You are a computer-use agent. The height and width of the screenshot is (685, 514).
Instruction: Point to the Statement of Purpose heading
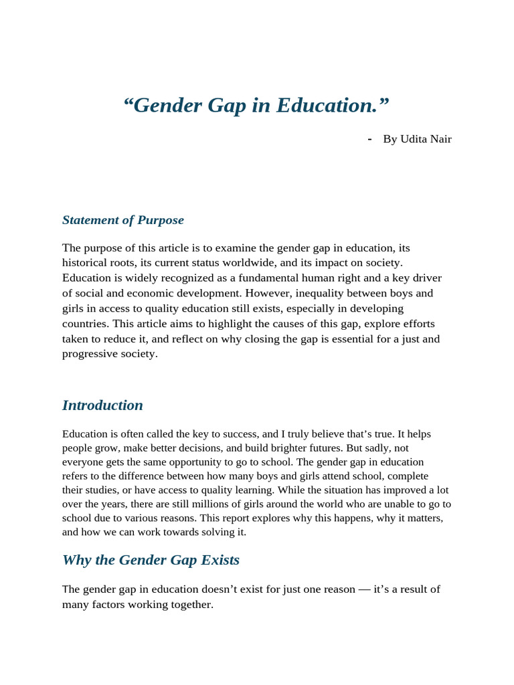click(x=122, y=220)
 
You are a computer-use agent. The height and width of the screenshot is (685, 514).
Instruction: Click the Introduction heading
click(x=102, y=405)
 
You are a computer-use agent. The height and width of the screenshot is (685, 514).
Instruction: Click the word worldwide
click(x=294, y=263)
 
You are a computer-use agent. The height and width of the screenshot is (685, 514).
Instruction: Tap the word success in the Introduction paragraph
click(x=234, y=434)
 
